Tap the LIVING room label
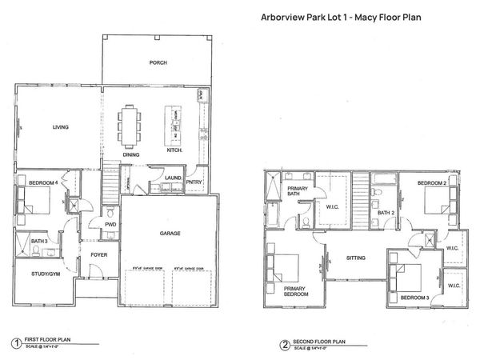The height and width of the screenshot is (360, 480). click(60, 127)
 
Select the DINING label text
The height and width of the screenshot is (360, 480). click(133, 154)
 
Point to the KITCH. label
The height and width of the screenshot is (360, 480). click(175, 150)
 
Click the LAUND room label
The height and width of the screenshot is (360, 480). click(171, 178)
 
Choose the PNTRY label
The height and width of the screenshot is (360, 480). click(194, 182)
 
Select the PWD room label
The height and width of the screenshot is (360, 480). click(111, 226)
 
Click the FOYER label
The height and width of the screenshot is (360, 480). click(99, 256)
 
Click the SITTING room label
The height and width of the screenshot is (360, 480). click(356, 258)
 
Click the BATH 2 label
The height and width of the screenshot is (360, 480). click(387, 213)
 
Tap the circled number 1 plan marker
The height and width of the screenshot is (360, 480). click(16, 344)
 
